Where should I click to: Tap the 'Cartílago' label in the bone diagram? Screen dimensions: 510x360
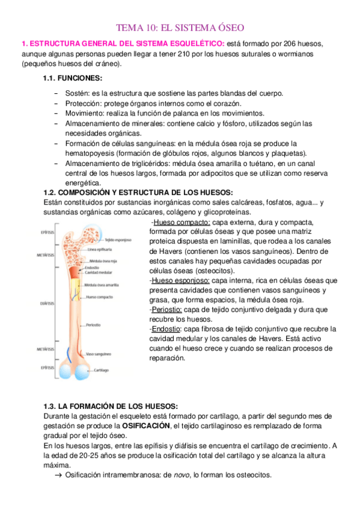click(97, 370)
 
